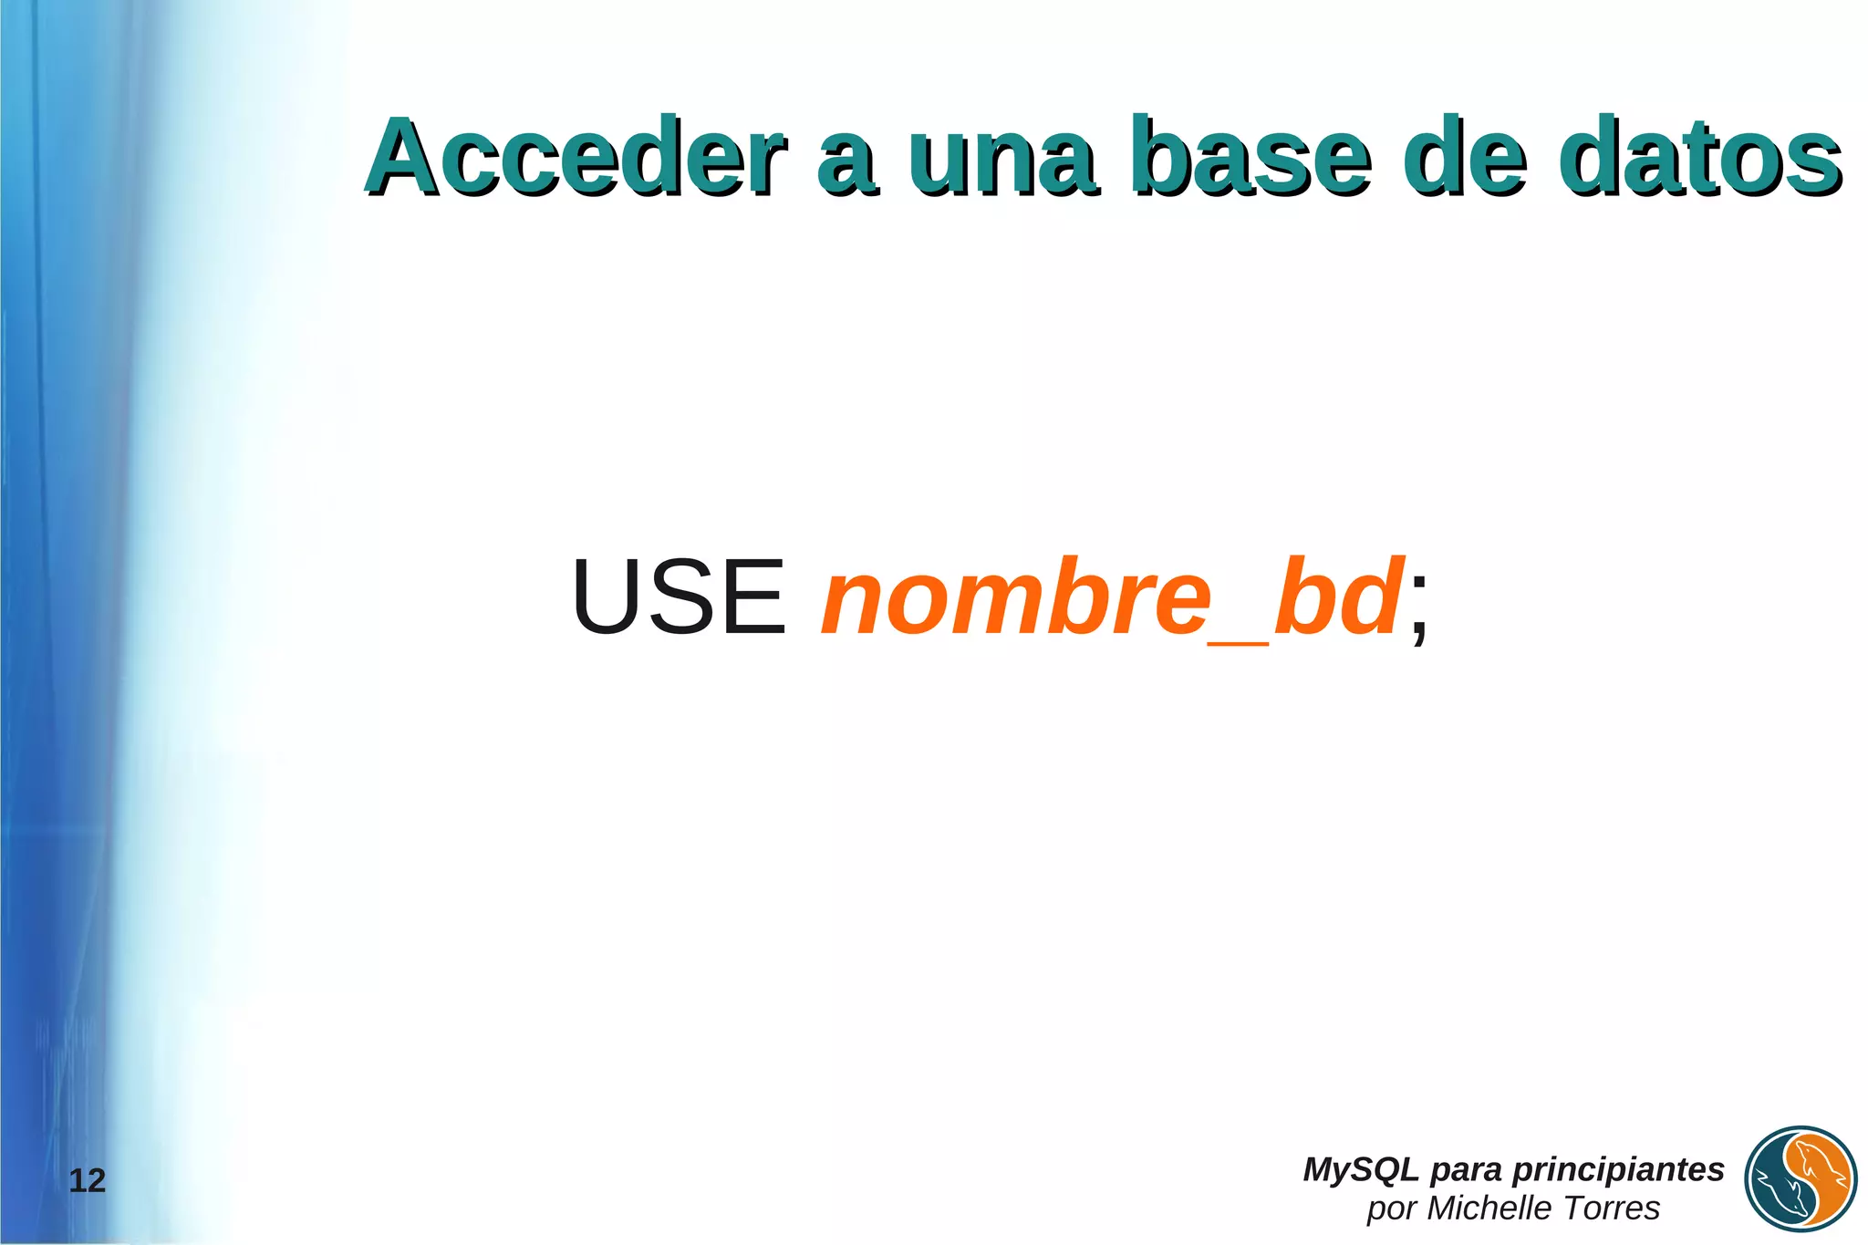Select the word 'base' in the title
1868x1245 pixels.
pos(1250,157)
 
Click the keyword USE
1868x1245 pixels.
pos(678,597)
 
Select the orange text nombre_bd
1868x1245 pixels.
pos(1111,597)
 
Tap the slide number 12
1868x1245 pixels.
pos(88,1181)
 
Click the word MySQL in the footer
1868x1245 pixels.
pos(1360,1169)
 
